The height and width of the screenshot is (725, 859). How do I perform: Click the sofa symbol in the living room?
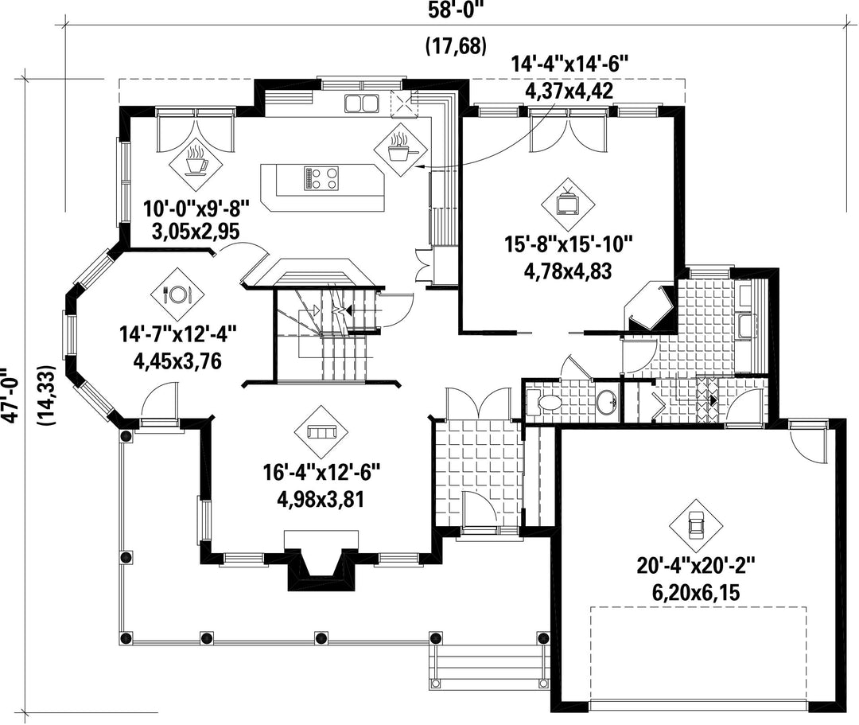[x=321, y=432]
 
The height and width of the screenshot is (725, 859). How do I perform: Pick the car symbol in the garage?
[x=696, y=525]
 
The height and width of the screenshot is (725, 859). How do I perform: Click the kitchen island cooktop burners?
[x=322, y=178]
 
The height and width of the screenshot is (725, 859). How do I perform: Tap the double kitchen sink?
[x=361, y=103]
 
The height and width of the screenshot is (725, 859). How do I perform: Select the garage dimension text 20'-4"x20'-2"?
[x=696, y=566]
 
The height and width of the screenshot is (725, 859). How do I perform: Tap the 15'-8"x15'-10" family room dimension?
[x=569, y=244]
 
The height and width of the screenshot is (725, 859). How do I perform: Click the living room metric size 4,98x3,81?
[x=321, y=500]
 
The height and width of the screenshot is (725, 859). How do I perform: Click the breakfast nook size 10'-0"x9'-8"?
[x=196, y=209]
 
